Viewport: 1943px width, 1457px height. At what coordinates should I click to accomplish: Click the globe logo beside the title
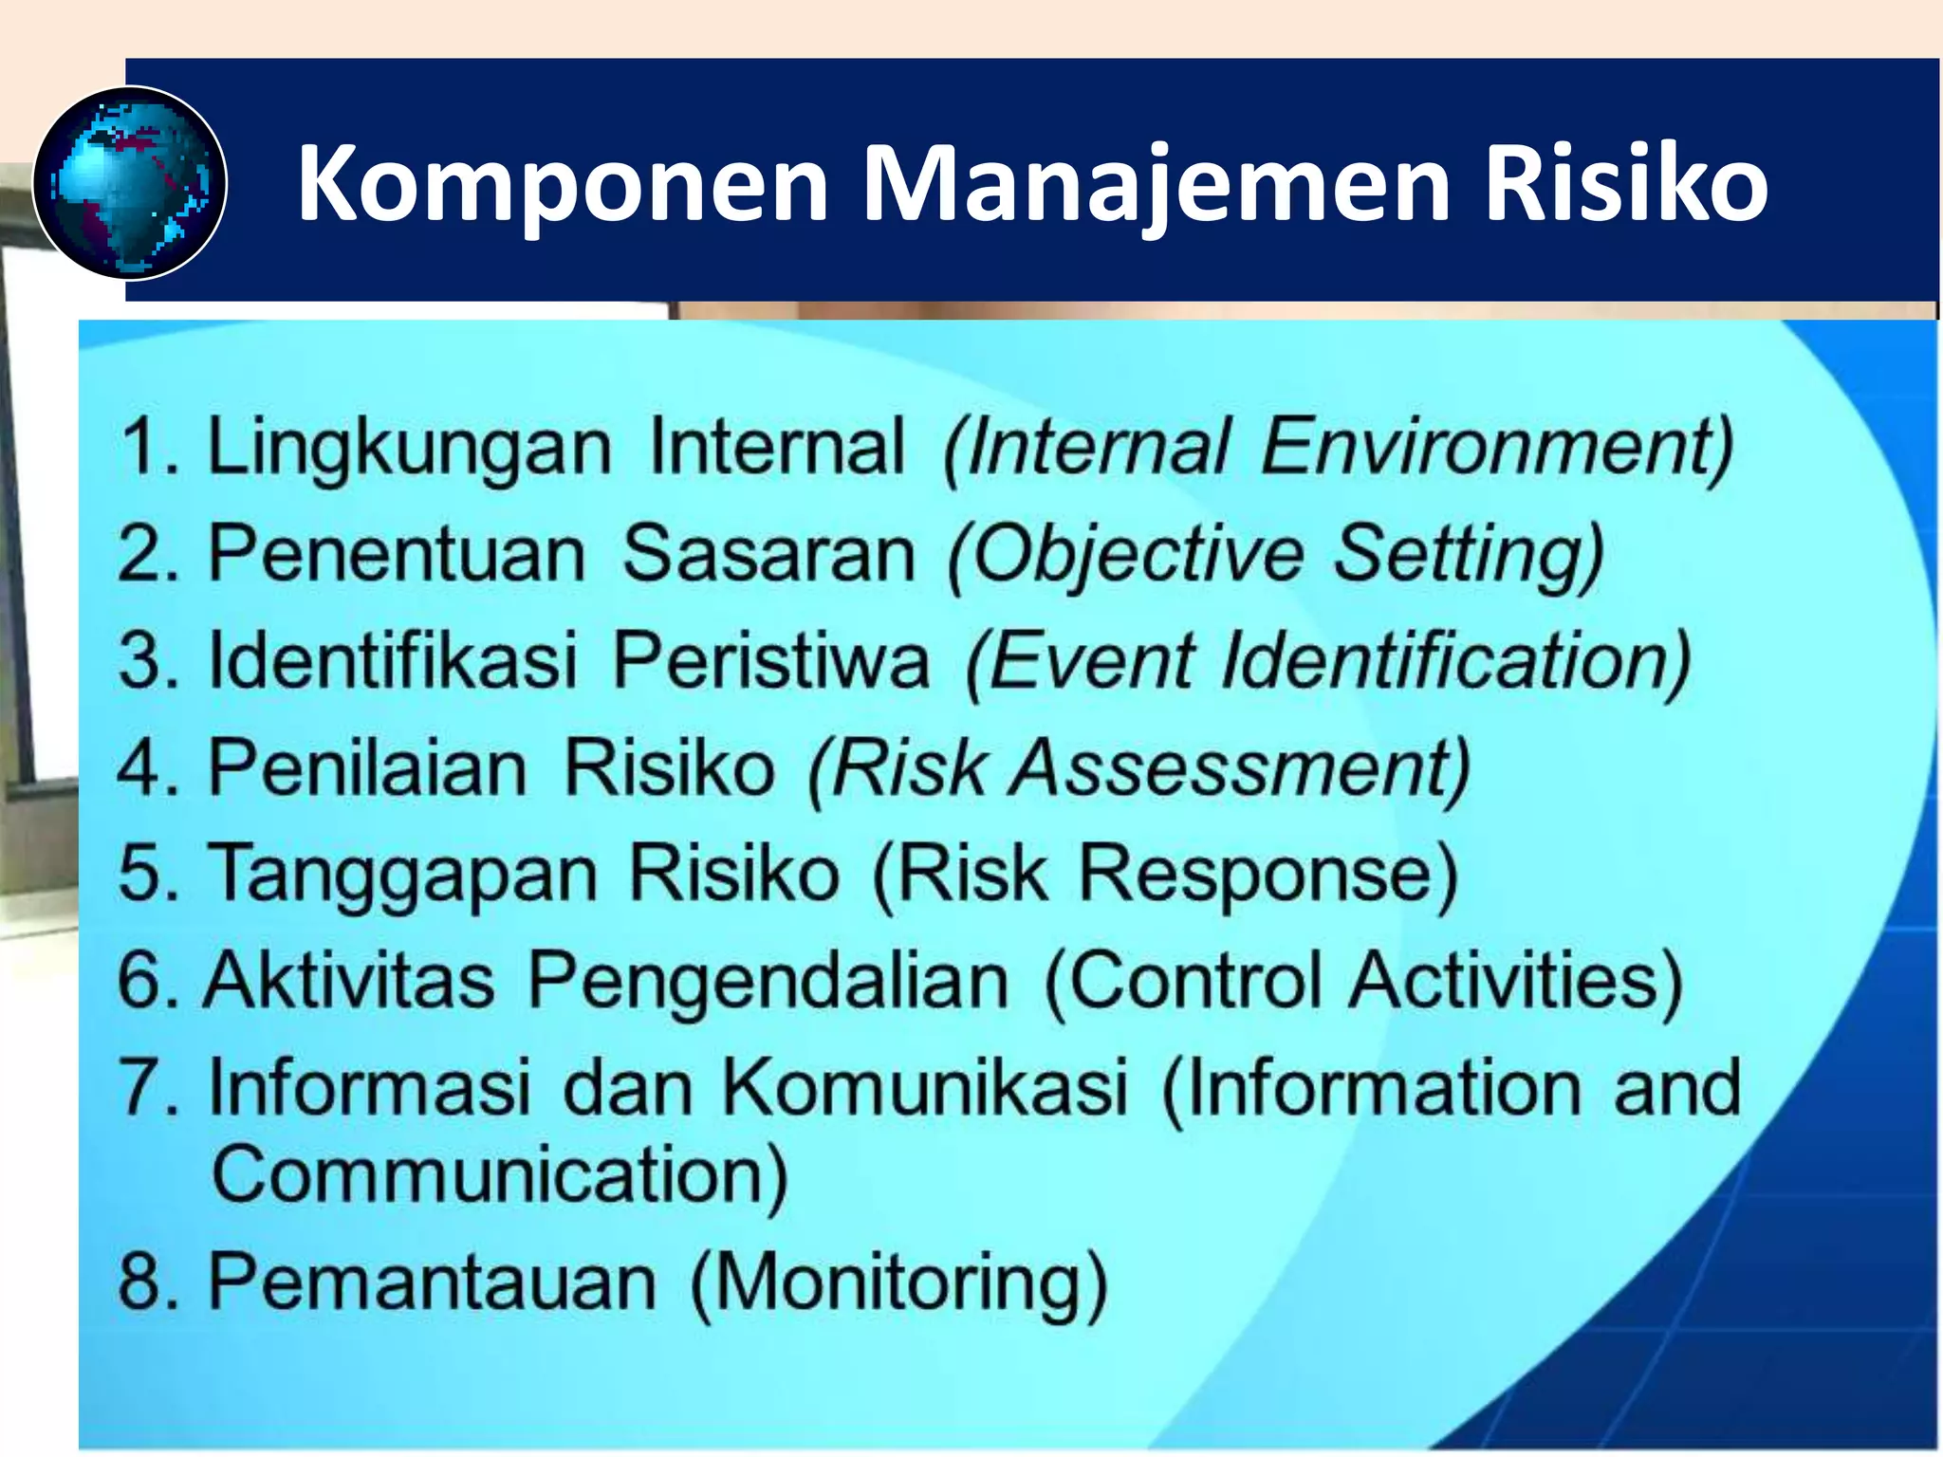click(x=130, y=183)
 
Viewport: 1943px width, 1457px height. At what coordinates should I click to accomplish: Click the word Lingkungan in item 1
click(x=409, y=448)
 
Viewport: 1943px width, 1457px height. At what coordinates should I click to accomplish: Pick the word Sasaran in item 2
click(x=768, y=554)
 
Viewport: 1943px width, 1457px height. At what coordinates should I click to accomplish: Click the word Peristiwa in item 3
click(x=770, y=660)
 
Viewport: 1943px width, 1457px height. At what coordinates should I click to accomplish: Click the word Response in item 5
click(x=1268, y=875)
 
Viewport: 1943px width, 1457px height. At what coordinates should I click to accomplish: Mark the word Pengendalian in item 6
click(x=768, y=982)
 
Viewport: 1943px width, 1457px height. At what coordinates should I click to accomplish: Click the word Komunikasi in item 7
click(x=925, y=1087)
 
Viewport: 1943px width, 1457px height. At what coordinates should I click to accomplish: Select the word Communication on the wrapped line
click(x=499, y=1175)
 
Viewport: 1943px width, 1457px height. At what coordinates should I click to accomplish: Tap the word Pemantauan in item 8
click(x=432, y=1282)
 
